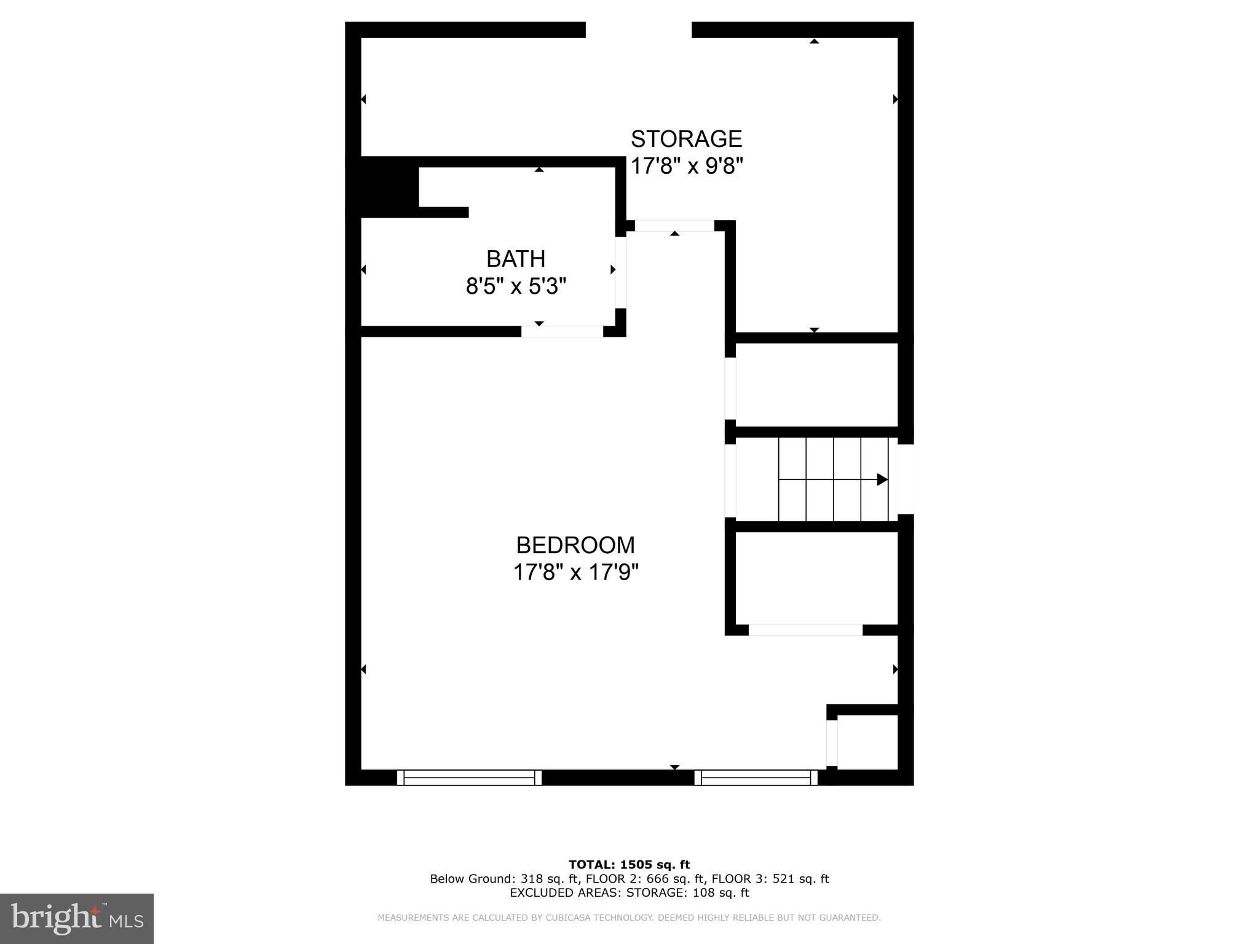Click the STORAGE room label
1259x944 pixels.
pyautogui.click(x=686, y=139)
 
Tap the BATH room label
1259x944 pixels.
pyautogui.click(x=516, y=259)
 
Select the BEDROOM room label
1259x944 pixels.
pyautogui.click(x=575, y=545)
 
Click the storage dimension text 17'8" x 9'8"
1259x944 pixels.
pyautogui.click(x=687, y=166)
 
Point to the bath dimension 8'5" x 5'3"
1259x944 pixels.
pyautogui.click(x=516, y=286)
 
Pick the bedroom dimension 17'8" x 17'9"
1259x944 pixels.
pyautogui.click(x=576, y=573)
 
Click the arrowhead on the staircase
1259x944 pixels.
pyautogui.click(x=882, y=479)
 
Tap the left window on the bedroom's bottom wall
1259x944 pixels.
pyautogui.click(x=469, y=777)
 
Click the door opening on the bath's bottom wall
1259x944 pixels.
pyautogui.click(x=562, y=332)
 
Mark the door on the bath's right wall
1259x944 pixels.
pyautogui.click(x=621, y=272)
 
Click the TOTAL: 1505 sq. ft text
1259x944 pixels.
pyautogui.click(x=629, y=865)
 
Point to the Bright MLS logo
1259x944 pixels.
pyautogui.click(x=77, y=918)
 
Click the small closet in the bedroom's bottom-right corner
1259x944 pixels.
pyautogui.click(x=867, y=742)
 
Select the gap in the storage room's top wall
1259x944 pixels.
pyautogui.click(x=638, y=29)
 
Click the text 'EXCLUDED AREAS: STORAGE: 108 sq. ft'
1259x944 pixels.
pyautogui.click(x=629, y=893)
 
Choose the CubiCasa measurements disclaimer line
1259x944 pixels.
pyautogui.click(x=629, y=918)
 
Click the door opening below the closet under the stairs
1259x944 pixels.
pyautogui.click(x=805, y=630)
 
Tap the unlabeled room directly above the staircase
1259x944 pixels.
pyautogui.click(x=816, y=385)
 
